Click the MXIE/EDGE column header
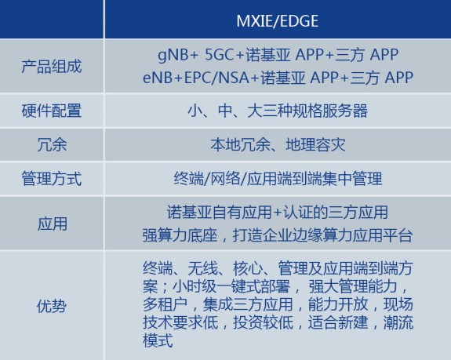pyautogui.click(x=278, y=19)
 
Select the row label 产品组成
pyautogui.click(x=51, y=66)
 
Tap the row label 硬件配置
pyautogui.click(x=51, y=111)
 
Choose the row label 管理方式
pyautogui.click(x=51, y=179)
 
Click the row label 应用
pyautogui.click(x=51, y=224)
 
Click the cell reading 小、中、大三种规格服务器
pyautogui.click(x=277, y=111)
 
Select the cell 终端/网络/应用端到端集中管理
pyautogui.click(x=277, y=179)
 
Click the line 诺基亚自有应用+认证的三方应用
pyautogui.click(x=277, y=213)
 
